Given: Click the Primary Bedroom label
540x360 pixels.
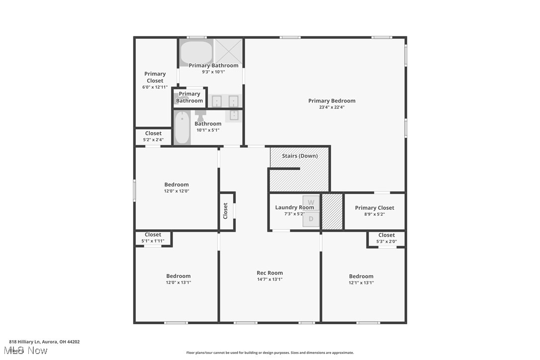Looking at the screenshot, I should point(332,101).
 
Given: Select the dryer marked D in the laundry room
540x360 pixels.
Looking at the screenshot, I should point(311,219).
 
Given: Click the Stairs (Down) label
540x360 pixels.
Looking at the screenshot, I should point(300,156).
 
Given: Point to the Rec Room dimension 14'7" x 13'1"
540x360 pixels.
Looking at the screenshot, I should point(270,279).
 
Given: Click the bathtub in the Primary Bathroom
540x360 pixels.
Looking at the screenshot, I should point(196,52).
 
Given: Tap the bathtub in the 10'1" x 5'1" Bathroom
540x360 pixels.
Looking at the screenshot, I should point(182,128).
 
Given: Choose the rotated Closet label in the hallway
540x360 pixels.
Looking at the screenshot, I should point(226,211).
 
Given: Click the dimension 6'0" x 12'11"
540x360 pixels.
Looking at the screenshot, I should point(155,88).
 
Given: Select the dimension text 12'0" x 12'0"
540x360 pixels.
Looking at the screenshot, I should point(177,191).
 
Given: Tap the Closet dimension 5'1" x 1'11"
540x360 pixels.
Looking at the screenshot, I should point(153,241).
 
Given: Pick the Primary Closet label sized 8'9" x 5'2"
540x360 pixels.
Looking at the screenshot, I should point(374,208).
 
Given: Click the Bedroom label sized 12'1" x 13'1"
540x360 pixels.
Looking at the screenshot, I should point(361,276).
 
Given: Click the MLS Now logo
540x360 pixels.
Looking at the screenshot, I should point(28,351).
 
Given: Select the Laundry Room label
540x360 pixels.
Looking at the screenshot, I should point(294,207).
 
